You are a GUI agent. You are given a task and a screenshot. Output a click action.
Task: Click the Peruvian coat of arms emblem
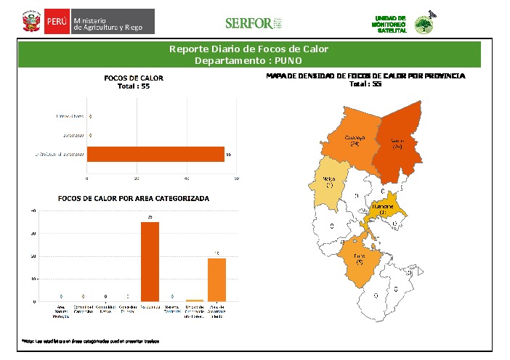click(31, 22)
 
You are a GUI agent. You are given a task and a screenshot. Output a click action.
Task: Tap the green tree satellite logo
click(422, 24)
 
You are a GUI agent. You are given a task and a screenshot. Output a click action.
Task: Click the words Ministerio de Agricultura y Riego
click(113, 22)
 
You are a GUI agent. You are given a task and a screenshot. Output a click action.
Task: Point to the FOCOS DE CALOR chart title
click(134, 78)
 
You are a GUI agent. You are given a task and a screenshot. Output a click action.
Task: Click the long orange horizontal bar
click(155, 155)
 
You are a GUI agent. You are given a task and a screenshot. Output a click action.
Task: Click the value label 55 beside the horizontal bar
click(228, 155)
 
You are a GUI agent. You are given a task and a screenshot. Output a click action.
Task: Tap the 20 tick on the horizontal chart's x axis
click(137, 178)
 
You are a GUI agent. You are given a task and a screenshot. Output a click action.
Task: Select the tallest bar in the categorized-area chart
click(150, 261)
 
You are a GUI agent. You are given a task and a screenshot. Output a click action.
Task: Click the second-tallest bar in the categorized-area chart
click(216, 279)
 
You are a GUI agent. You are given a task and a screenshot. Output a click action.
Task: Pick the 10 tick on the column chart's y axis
click(33, 279)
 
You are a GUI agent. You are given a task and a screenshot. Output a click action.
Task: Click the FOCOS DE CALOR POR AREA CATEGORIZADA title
click(133, 198)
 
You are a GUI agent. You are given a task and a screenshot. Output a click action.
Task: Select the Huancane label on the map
click(383, 207)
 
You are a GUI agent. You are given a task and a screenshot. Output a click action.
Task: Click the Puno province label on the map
click(359, 257)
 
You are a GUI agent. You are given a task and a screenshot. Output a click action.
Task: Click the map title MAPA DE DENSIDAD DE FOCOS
click(365, 75)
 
